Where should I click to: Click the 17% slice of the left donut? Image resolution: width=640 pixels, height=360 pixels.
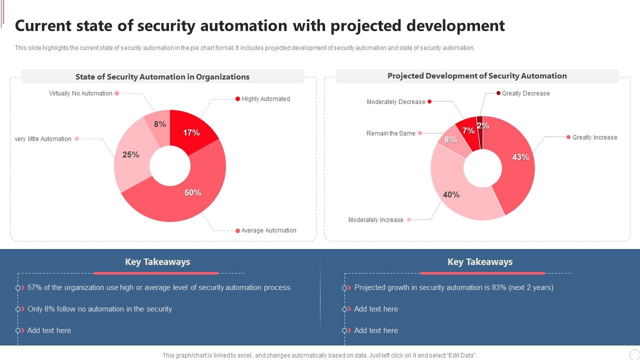pyautogui.click(x=191, y=132)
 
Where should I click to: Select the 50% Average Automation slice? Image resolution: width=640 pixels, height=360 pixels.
pyautogui.click(x=193, y=192)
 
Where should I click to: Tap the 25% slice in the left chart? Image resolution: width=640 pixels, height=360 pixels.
pyautogui.click(x=130, y=155)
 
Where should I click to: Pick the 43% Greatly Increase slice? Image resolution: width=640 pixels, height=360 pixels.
pyautogui.click(x=520, y=157)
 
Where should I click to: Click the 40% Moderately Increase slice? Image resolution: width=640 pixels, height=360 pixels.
pyautogui.click(x=451, y=194)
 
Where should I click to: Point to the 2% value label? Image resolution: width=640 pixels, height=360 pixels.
pyautogui.click(x=483, y=126)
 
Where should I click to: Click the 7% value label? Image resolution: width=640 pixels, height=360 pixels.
pyautogui.click(x=468, y=131)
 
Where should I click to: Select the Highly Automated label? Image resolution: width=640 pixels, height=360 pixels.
pyautogui.click(x=265, y=99)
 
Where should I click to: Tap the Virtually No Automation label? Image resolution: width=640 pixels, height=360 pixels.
pyautogui.click(x=80, y=93)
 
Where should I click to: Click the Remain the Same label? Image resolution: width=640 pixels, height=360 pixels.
pyautogui.click(x=390, y=133)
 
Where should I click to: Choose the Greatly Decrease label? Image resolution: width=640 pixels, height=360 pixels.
pyautogui.click(x=525, y=93)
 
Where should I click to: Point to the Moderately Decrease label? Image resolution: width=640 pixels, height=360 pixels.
pyautogui.click(x=396, y=102)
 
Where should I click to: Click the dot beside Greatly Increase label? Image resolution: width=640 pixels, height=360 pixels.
pyautogui.click(x=568, y=137)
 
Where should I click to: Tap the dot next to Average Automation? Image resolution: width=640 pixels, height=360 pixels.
pyautogui.click(x=237, y=230)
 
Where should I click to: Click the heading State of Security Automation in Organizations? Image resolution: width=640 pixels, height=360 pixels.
pyautogui.click(x=162, y=77)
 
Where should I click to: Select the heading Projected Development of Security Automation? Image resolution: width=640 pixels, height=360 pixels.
pyautogui.click(x=477, y=76)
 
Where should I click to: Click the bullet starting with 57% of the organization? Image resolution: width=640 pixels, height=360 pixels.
pyautogui.click(x=158, y=287)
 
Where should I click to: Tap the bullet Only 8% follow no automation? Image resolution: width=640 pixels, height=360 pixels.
pyautogui.click(x=99, y=309)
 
